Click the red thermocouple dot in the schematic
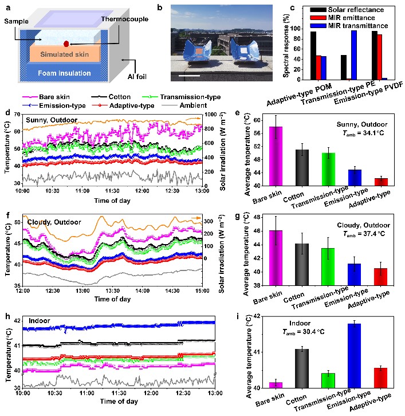pyautogui.click(x=67, y=44)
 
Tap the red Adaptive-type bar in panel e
pyautogui.click(x=382, y=182)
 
